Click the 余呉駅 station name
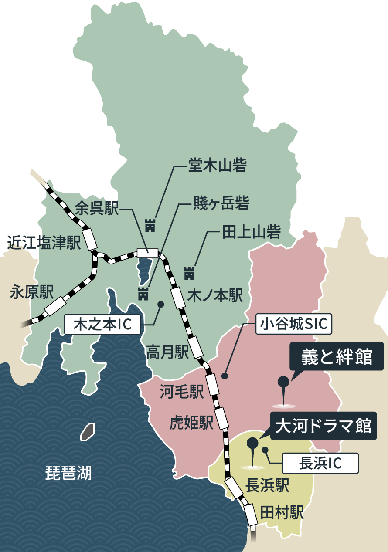(x=97, y=209)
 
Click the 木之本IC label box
(x=103, y=324)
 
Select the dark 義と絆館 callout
(x=337, y=358)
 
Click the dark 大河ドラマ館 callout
(x=323, y=426)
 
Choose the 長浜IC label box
(x=320, y=463)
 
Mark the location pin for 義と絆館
(x=283, y=384)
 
